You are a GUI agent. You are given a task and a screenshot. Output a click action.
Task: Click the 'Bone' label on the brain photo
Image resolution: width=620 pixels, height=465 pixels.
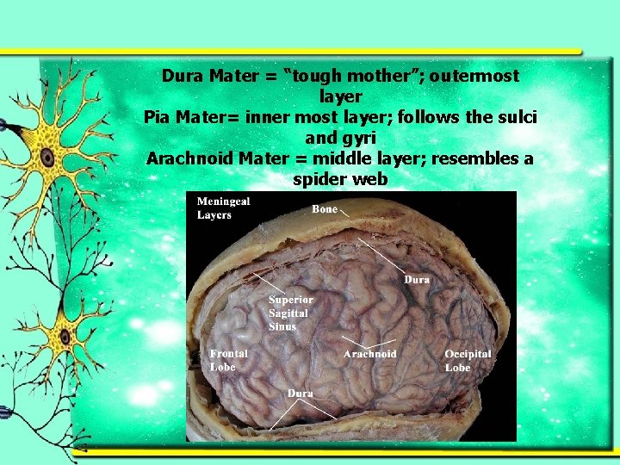pos(325,209)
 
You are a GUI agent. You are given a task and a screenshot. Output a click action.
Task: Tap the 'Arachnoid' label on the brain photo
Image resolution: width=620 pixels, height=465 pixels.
pos(369,354)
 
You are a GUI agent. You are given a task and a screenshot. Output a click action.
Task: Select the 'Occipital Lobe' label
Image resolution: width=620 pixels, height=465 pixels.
pos(468,361)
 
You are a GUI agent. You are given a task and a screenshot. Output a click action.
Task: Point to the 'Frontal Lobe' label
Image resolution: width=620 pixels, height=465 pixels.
pos(229,360)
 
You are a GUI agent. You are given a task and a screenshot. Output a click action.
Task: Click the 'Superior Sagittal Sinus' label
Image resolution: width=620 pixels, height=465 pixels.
pos(290,313)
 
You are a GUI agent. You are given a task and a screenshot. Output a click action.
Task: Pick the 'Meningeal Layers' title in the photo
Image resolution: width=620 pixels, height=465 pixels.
pos(223,208)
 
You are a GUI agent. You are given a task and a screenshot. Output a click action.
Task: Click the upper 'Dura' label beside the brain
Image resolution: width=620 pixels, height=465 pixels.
pos(417,280)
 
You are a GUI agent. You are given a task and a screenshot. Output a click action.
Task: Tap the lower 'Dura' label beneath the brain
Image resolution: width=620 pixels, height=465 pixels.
pos(300,394)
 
